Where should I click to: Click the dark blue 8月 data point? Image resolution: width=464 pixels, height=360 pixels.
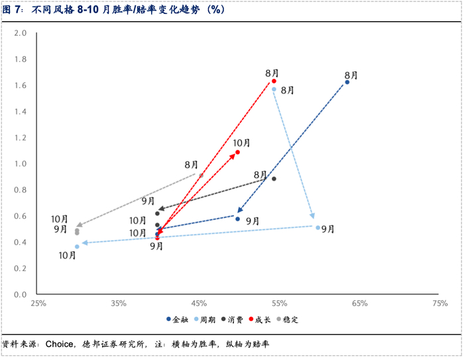click(347, 82)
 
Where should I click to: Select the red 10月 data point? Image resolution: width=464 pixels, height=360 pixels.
click(237, 152)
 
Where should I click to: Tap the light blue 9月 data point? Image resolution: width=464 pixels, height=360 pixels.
click(318, 227)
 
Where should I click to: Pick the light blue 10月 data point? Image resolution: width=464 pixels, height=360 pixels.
click(77, 247)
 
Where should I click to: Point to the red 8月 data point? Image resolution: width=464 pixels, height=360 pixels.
click(274, 81)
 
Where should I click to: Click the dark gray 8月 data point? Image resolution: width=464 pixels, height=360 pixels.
click(274, 179)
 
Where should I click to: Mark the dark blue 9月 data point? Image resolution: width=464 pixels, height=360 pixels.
click(237, 219)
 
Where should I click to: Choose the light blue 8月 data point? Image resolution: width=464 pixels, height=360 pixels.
click(274, 89)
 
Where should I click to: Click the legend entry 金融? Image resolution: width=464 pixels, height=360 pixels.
click(177, 320)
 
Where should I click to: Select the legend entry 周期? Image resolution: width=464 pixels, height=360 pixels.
click(205, 320)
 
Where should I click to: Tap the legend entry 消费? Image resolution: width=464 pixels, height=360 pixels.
click(232, 320)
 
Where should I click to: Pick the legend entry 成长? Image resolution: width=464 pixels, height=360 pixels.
click(260, 320)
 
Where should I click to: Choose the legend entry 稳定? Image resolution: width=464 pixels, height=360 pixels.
click(287, 320)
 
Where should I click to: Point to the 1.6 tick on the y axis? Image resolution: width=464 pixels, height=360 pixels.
click(21, 86)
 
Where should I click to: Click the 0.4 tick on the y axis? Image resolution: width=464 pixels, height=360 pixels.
click(21, 242)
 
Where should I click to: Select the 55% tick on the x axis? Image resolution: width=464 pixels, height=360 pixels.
click(279, 304)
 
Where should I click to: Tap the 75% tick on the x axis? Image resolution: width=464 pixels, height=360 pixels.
click(440, 304)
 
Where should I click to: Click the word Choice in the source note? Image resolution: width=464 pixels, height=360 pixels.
click(59, 344)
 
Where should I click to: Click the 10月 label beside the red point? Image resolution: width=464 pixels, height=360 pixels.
click(241, 143)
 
